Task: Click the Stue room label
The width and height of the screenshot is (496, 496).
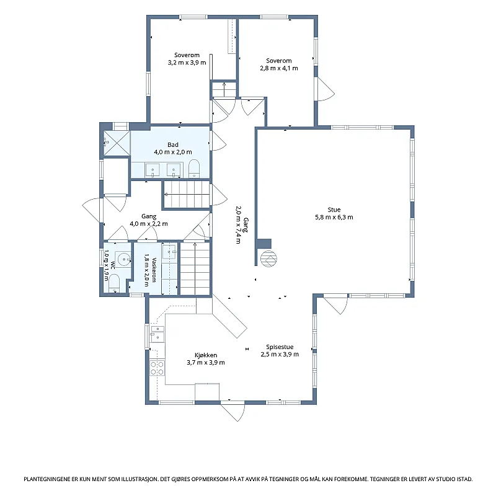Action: pos(334,210)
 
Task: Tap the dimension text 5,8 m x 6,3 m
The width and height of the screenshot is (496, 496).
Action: pos(334,218)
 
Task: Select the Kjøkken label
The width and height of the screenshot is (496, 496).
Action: pos(206,355)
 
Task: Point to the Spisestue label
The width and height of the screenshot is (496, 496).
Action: pos(280,347)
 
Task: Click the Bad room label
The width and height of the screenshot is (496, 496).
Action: pos(173,144)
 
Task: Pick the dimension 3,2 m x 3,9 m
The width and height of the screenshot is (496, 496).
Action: pos(187,63)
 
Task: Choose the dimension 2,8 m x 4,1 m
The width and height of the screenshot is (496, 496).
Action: pos(279,68)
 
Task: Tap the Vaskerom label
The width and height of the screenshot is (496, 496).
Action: pos(154,270)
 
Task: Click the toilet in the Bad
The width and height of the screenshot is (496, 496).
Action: pos(194,169)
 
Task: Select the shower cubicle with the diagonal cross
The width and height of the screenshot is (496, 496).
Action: pos(117,143)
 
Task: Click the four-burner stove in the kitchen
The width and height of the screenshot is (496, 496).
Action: pos(157,368)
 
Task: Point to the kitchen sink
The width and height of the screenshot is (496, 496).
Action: pos(157,334)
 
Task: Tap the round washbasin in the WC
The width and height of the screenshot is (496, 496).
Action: pos(123,259)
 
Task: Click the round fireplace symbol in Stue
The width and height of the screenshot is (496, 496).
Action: pos(268,259)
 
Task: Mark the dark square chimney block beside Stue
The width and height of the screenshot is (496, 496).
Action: pos(264,244)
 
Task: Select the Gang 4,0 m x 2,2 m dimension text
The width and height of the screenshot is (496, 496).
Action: pos(149,224)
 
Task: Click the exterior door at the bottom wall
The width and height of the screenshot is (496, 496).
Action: pos(233,411)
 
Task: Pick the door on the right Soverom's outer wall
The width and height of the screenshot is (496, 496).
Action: pos(324,89)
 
